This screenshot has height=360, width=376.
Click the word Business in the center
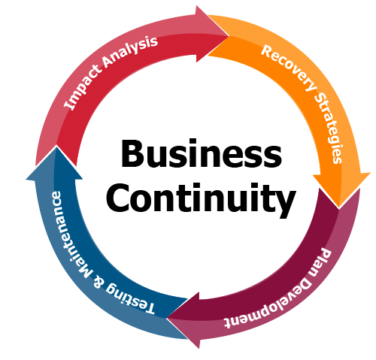pos(202,153)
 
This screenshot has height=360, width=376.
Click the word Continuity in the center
pos(201,200)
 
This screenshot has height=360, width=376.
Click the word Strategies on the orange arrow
pos(329,127)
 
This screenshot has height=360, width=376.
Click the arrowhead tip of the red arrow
pos(229,36)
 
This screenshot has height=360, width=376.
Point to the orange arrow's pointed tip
pos(339,208)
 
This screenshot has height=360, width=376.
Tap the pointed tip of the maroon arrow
pos(167,318)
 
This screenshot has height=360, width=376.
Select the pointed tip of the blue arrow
pos(57,147)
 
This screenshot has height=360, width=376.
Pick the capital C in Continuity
pos(117,198)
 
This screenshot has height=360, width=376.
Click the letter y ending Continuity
pos(286,204)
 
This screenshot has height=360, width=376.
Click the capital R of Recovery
pos(268,51)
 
